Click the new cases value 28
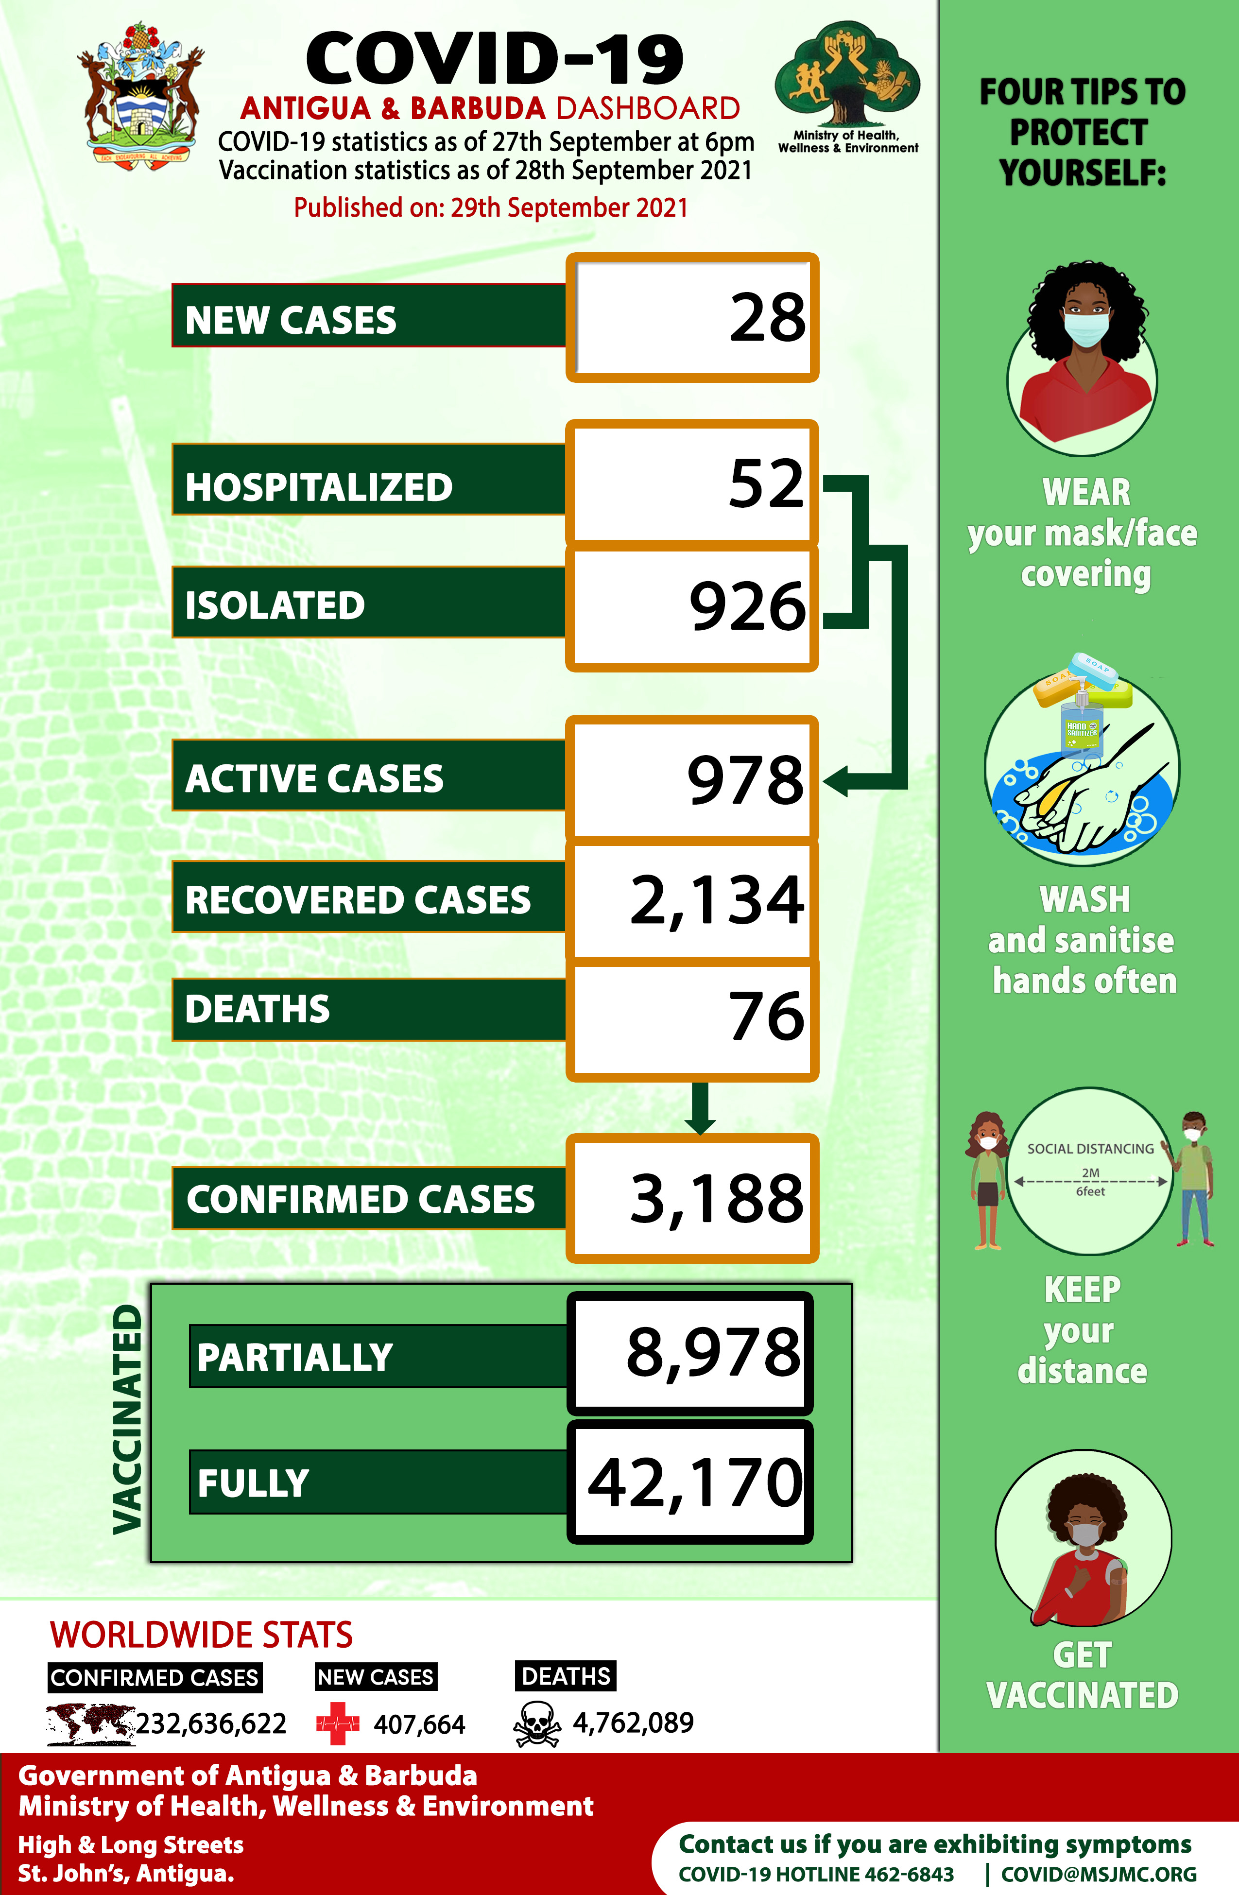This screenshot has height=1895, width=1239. [x=767, y=318]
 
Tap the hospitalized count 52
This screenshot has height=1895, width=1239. [x=766, y=483]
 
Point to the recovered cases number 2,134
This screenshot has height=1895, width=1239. [x=717, y=900]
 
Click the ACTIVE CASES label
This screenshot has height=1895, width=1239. [x=314, y=779]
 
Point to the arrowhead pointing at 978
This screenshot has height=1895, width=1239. [x=836, y=781]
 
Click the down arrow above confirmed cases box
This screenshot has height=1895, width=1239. [x=699, y=1111]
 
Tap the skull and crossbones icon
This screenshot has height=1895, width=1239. [x=537, y=1724]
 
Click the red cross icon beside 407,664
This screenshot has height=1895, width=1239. [x=338, y=1724]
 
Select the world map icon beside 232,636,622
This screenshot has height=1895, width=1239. [x=89, y=1724]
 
